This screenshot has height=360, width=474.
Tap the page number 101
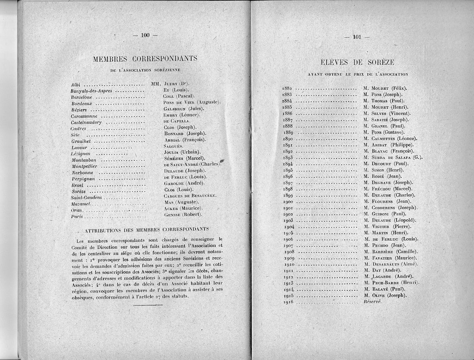coord(357,37)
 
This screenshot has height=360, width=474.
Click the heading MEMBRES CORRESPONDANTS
coord(145,59)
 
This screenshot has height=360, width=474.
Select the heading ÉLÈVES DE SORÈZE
coord(357,62)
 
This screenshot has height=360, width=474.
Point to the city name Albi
coord(75,85)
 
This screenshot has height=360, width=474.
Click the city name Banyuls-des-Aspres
coord(91,91)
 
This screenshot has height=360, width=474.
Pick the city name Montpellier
coord(85,166)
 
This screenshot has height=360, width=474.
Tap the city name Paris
coord(76,217)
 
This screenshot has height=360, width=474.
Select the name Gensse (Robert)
coord(183,214)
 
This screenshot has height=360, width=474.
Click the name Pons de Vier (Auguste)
coord(192,102)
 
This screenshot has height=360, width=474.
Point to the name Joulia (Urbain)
coord(182,152)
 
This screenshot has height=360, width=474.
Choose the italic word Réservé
coord(372,302)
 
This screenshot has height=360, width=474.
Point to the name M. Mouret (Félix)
coord(385,88)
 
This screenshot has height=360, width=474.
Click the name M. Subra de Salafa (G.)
coord(393,157)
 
